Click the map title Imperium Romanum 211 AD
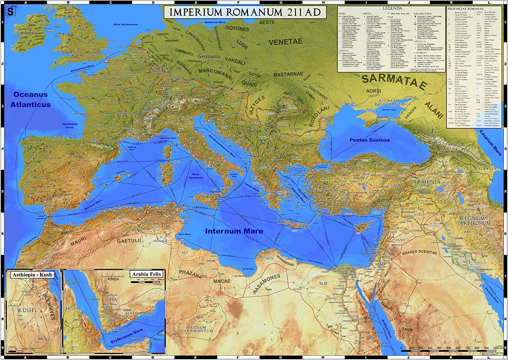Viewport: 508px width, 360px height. [x=245, y=12]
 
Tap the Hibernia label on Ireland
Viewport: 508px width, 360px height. [x=29, y=33]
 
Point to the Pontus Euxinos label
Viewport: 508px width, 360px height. [x=369, y=140]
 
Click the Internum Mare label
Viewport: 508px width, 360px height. [x=234, y=231]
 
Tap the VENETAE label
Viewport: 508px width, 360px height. [x=285, y=42]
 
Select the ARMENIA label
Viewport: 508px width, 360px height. [x=426, y=182]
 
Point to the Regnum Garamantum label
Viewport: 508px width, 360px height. [x=197, y=329]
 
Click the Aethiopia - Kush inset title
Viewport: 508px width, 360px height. [x=32, y=275]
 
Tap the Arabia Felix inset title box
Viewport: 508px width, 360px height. [x=146, y=274]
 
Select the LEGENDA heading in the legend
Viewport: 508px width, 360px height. [x=392, y=8]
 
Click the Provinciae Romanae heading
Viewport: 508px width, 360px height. [x=466, y=8]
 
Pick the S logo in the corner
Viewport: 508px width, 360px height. [x=11, y=12]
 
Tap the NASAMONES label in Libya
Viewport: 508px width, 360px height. [x=267, y=284]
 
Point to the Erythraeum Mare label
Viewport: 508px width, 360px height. [x=127, y=336]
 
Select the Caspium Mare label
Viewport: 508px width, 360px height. [x=490, y=143]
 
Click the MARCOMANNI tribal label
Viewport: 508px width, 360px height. [x=215, y=74]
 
